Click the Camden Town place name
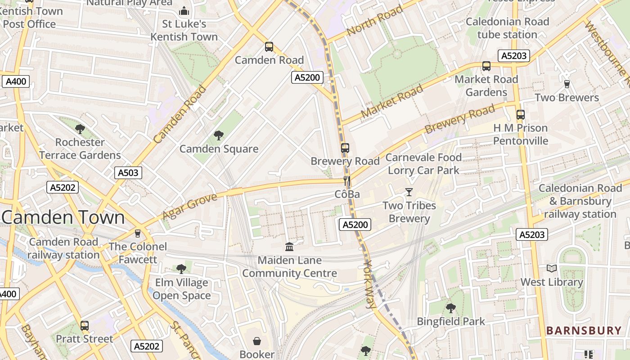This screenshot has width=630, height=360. (x=63, y=217)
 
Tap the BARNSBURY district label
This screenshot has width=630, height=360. (x=584, y=331)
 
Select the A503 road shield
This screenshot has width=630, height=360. (x=128, y=173)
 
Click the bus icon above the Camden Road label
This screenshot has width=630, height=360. (x=269, y=46)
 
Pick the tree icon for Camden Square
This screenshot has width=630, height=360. (x=219, y=135)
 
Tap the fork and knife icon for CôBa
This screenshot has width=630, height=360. (x=346, y=181)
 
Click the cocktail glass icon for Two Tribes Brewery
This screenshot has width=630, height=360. (x=409, y=192)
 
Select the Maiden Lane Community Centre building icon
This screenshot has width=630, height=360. (x=289, y=247)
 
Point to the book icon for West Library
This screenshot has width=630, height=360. (x=551, y=269)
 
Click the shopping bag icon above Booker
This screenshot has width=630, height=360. (x=256, y=341)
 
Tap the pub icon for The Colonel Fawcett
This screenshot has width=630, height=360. (x=138, y=233)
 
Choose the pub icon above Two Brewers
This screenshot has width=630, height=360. (x=567, y=84)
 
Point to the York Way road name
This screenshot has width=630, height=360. (x=369, y=284)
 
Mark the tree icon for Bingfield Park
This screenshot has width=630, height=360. (x=450, y=308)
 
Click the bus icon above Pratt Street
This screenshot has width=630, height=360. (x=85, y=325)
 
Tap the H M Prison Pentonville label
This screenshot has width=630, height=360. (x=520, y=134)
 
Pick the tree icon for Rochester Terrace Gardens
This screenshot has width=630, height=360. (x=80, y=129)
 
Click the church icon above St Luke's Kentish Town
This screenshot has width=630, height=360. (x=184, y=11)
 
